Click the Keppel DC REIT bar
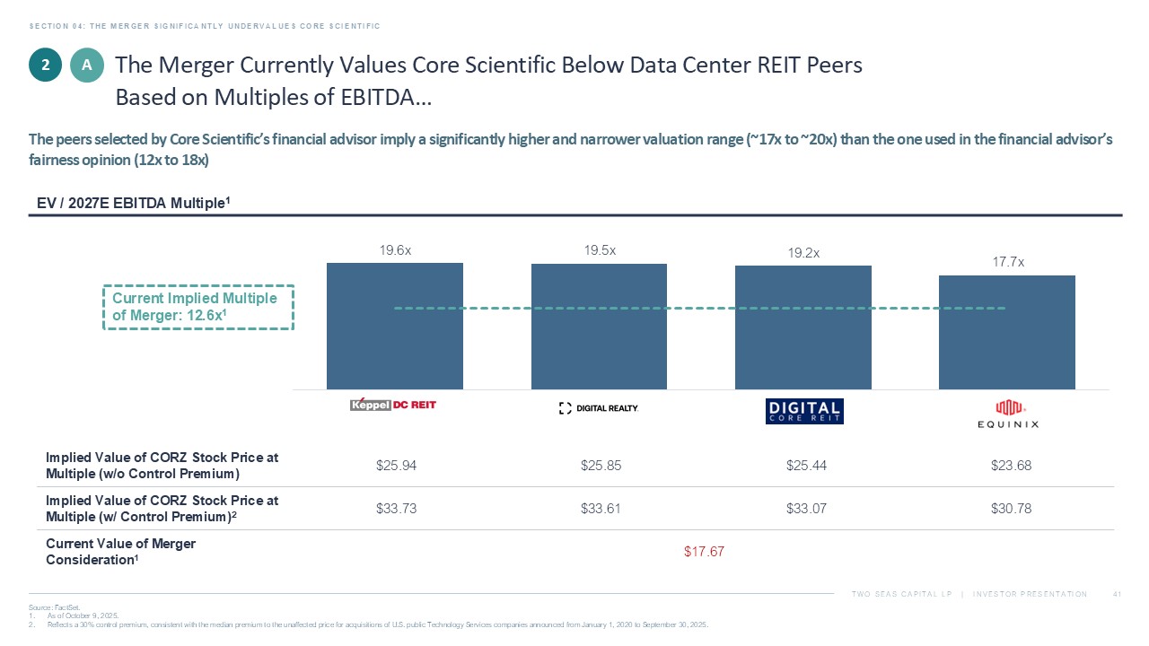pyautogui.click(x=395, y=326)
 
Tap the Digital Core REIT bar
pyautogui.click(x=803, y=327)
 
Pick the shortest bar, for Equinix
pyautogui.click(x=1006, y=332)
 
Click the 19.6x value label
pyautogui.click(x=395, y=251)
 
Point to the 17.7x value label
pyautogui.click(x=1008, y=263)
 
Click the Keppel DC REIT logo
pyautogui.click(x=393, y=405)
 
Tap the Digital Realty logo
pyautogui.click(x=599, y=408)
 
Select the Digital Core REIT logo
pyautogui.click(x=804, y=411)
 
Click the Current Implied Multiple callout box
pyautogui.click(x=198, y=307)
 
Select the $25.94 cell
pyautogui.click(x=395, y=466)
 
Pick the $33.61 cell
pyautogui.click(x=601, y=509)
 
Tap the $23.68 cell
pyautogui.click(x=1010, y=466)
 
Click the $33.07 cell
pyautogui.click(x=804, y=509)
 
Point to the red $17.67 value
pyautogui.click(x=704, y=551)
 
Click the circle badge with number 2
pyautogui.click(x=45, y=65)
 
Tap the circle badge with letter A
pyautogui.click(x=87, y=65)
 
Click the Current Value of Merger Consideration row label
pyautogui.click(x=120, y=551)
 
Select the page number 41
pyautogui.click(x=1118, y=594)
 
